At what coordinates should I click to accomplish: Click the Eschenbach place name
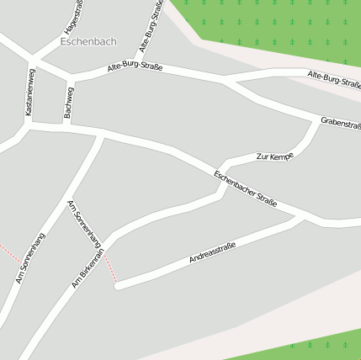89,40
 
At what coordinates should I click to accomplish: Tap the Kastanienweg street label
31,92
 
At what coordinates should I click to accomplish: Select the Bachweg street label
69,102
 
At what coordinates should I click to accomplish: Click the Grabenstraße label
341,124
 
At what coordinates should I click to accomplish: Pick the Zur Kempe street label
275,156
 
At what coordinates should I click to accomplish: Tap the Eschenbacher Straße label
245,190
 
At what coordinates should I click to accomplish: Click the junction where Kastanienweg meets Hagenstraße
35,58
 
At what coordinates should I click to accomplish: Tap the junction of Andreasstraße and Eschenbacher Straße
304,216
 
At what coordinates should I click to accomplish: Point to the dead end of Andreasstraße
119,286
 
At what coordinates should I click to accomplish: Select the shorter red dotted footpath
8,251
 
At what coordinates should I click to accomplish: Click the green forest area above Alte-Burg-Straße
278,25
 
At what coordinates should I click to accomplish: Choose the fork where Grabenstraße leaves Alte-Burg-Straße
223,82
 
